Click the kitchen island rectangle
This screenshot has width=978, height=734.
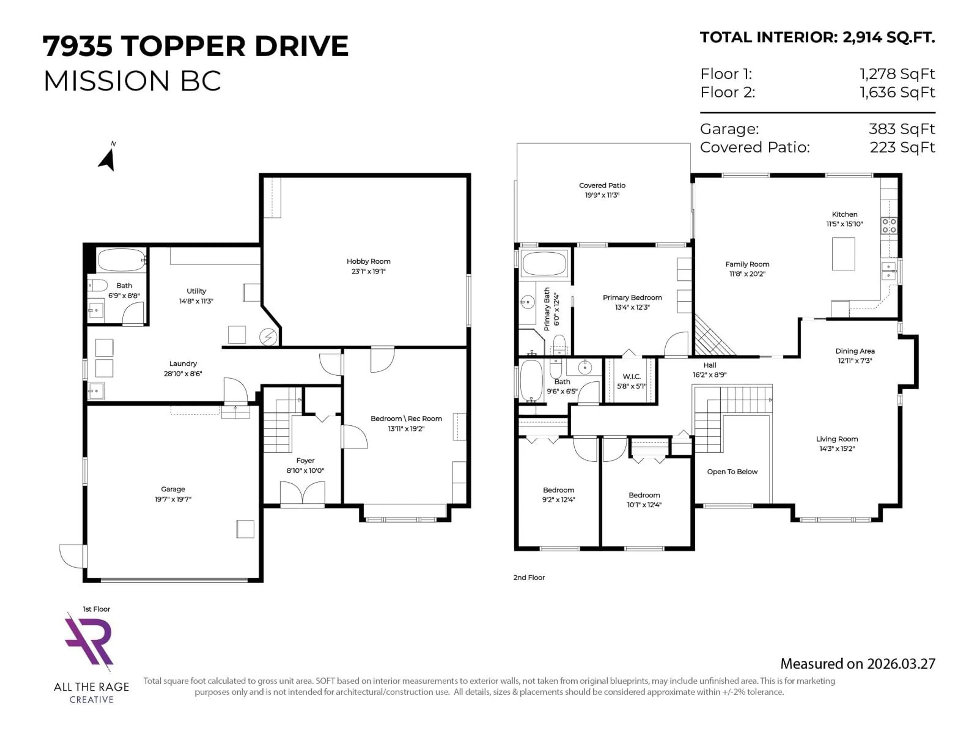click(843, 254)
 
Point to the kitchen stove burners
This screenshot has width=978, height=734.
click(889, 226)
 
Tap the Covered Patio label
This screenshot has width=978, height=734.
click(602, 185)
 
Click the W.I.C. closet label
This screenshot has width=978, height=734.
click(631, 376)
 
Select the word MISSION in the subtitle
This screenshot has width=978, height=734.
click(106, 81)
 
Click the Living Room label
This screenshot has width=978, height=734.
click(836, 439)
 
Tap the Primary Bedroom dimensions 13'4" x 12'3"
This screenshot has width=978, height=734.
click(632, 307)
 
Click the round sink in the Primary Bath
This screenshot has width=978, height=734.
click(527, 303)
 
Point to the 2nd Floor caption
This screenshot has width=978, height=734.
click(529, 577)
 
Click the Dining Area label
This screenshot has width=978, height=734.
click(855, 351)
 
